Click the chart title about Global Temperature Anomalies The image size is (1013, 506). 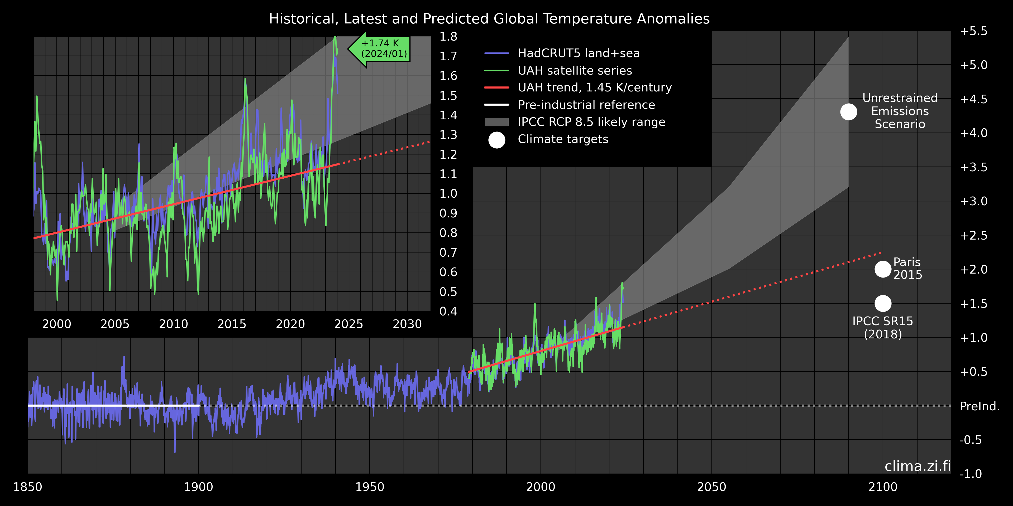(x=489, y=19)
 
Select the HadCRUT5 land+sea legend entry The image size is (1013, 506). (x=578, y=53)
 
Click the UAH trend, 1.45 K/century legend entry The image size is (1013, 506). (x=594, y=87)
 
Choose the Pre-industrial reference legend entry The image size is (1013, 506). (x=586, y=105)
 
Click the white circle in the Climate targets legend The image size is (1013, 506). (x=497, y=140)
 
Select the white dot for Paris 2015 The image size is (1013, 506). (x=883, y=269)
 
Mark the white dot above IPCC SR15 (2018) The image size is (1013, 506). (x=883, y=303)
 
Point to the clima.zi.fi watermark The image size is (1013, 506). (x=918, y=466)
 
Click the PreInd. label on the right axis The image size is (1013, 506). (x=979, y=406)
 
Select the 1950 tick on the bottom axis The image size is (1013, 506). (x=370, y=487)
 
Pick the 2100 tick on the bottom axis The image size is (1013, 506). (x=883, y=487)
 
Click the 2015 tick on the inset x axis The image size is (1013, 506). (x=232, y=324)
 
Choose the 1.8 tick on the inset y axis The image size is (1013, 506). (x=448, y=37)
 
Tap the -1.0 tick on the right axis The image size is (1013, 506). (x=971, y=474)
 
